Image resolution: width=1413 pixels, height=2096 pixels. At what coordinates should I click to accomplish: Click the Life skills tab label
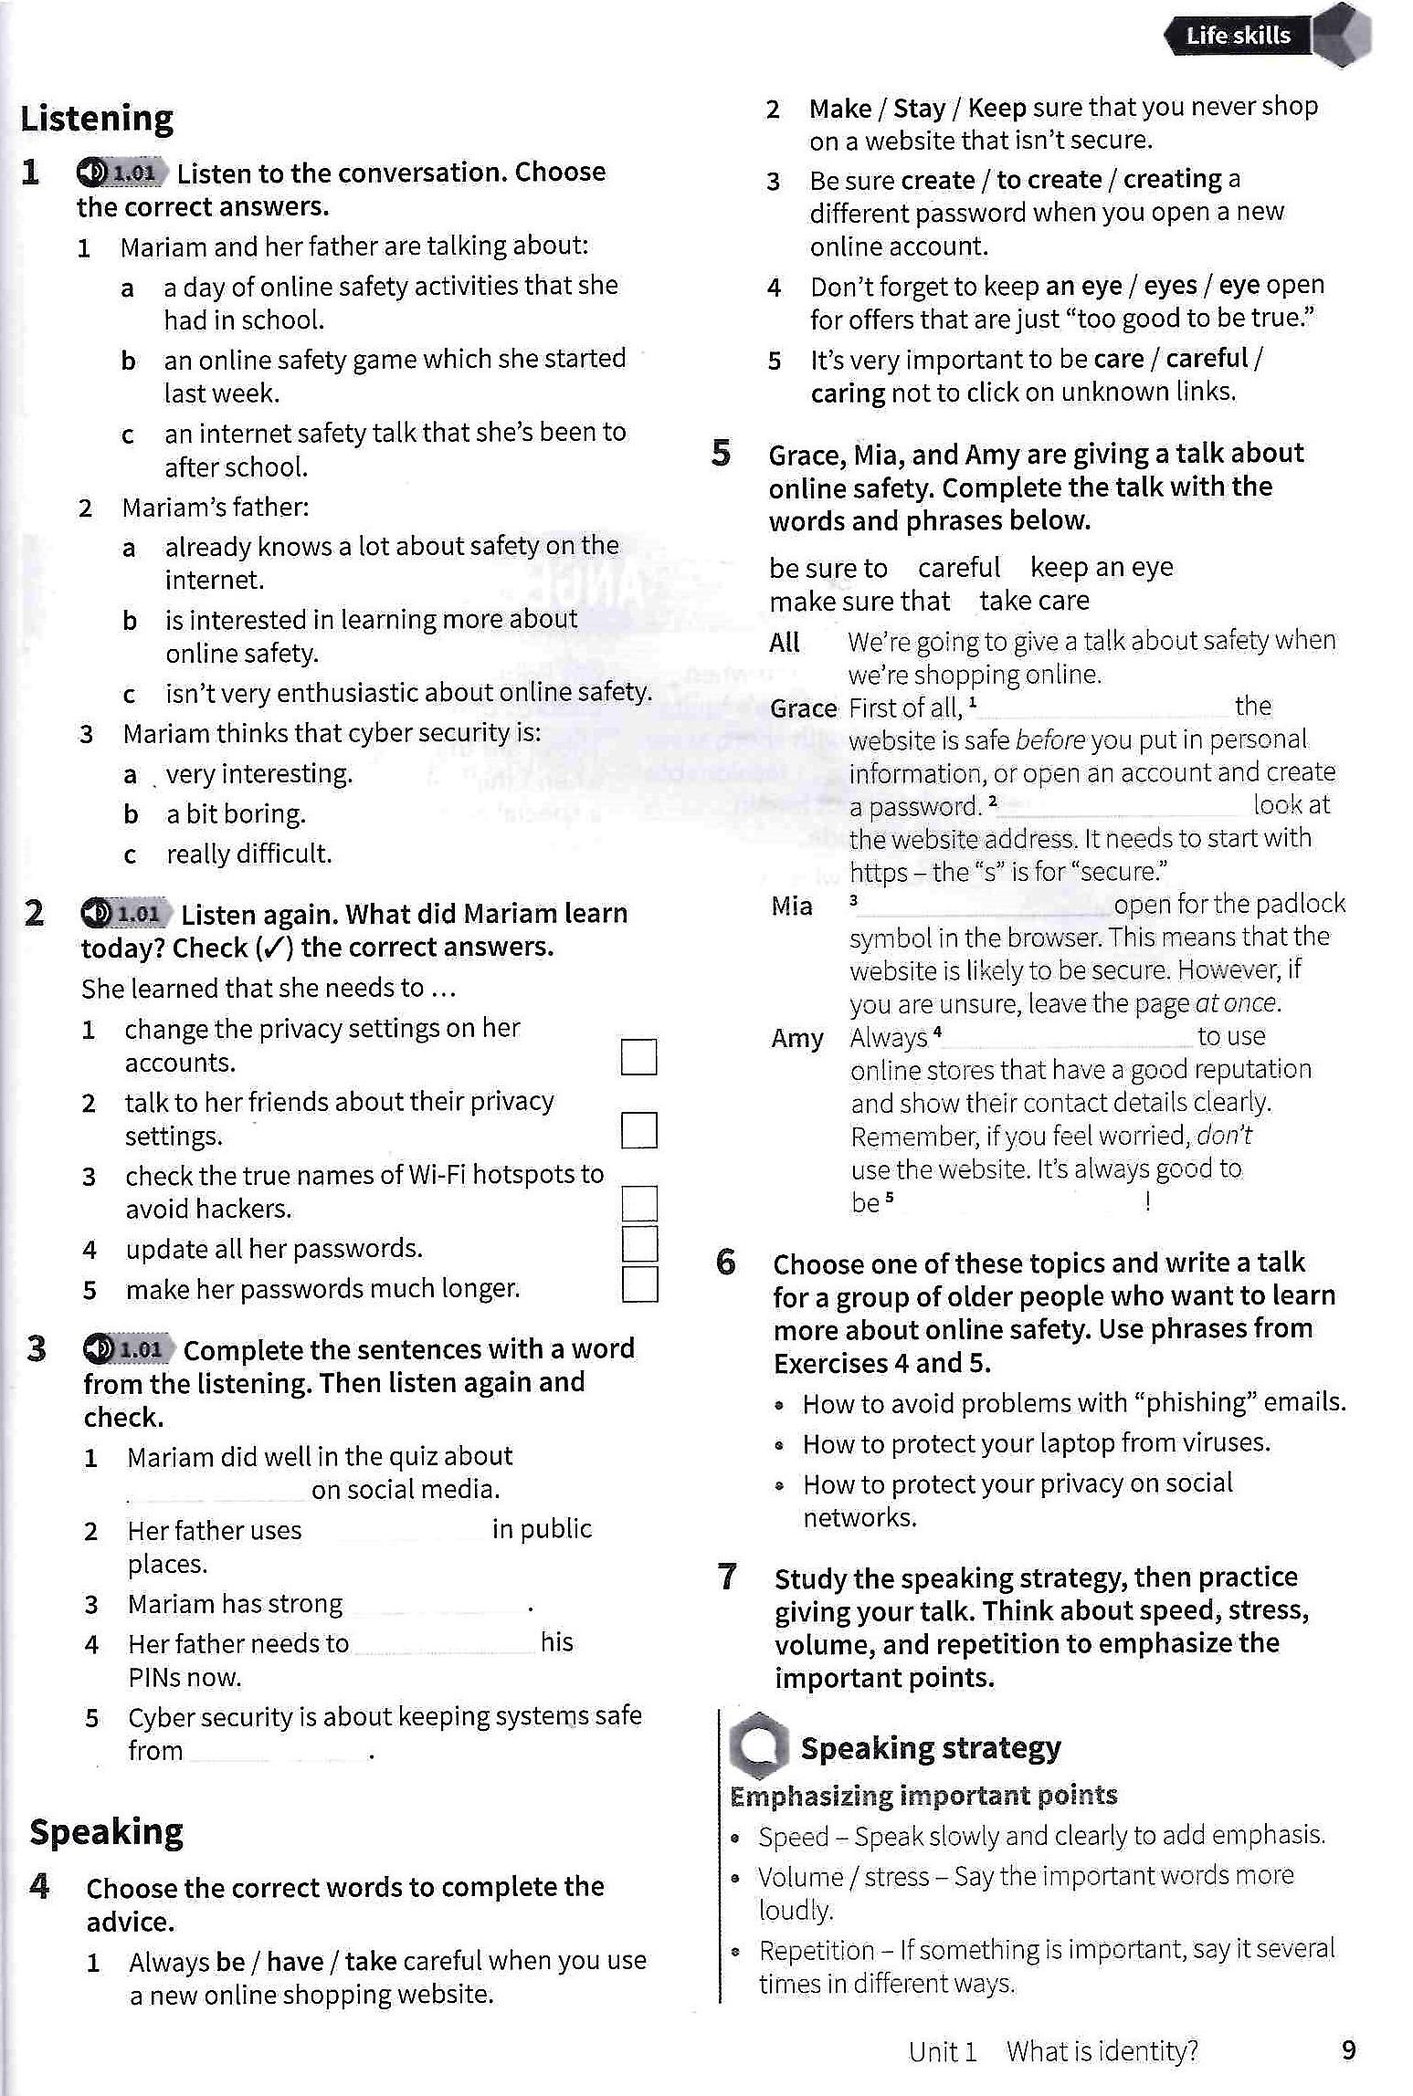[x=1238, y=36]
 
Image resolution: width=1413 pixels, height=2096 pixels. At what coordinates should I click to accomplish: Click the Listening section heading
[x=97, y=119]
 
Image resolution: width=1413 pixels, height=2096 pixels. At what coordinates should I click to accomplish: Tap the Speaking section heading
[x=106, y=1831]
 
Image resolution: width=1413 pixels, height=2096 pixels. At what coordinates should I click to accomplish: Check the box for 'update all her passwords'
[x=639, y=1242]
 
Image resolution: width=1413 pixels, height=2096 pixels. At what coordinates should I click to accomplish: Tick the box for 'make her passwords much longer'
[x=639, y=1284]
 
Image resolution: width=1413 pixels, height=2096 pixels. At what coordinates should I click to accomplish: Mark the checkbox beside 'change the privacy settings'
[x=638, y=1057]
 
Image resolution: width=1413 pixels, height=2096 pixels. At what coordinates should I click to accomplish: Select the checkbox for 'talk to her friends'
[x=638, y=1130]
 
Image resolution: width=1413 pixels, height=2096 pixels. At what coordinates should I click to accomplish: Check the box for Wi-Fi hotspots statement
[x=639, y=1203]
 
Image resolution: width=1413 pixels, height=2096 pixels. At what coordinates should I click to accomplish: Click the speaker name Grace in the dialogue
[x=803, y=708]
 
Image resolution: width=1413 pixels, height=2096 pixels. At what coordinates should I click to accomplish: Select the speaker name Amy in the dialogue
[x=796, y=1039]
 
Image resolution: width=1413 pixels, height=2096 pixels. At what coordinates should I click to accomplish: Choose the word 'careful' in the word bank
[x=959, y=568]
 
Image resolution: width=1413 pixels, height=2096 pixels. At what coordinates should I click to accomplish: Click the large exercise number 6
[x=726, y=1262]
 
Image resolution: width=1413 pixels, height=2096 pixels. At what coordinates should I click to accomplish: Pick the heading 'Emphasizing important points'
[x=923, y=1795]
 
